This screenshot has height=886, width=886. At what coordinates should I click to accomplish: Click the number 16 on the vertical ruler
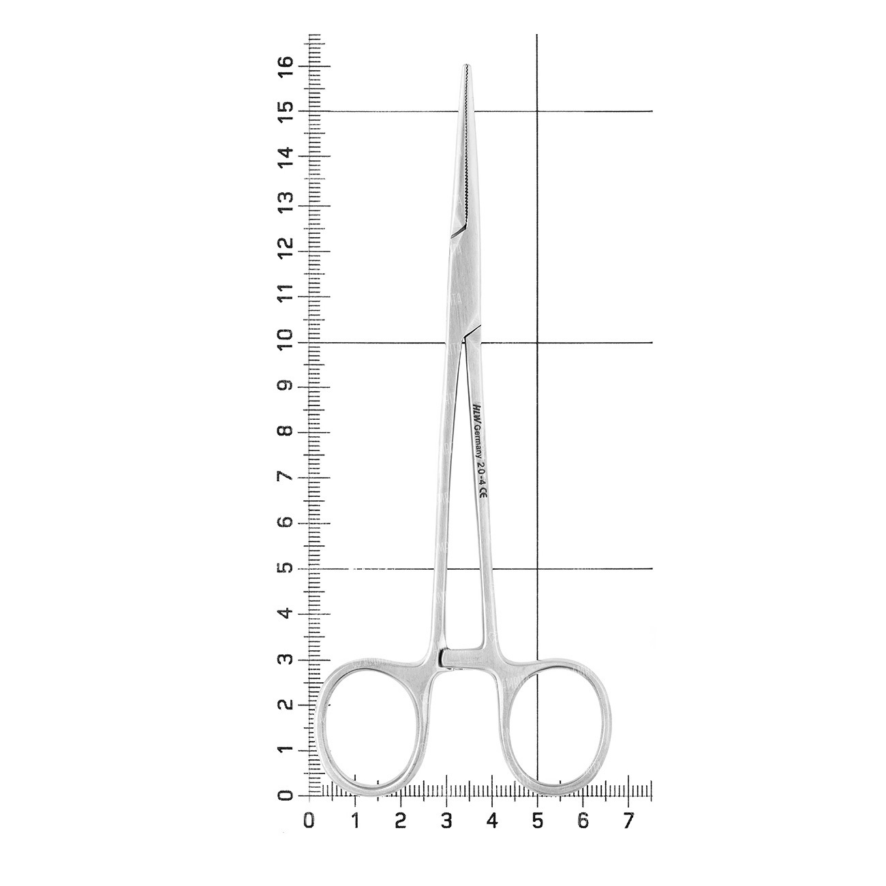coord(285,67)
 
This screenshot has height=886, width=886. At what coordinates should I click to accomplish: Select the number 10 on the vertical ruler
coord(285,341)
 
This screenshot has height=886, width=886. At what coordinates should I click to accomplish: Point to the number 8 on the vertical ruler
coord(285,431)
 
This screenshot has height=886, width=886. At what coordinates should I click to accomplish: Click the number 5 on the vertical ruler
coord(285,568)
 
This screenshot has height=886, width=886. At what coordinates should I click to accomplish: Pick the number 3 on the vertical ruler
coord(285,658)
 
